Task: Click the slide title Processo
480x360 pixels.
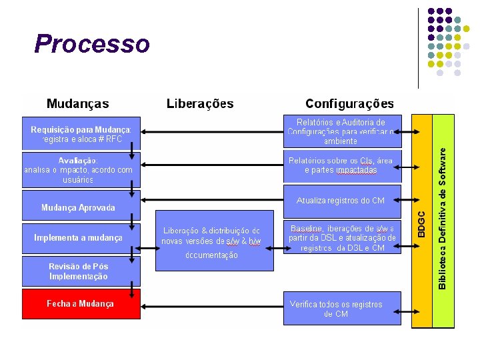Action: (x=92, y=44)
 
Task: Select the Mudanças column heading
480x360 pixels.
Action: (x=78, y=104)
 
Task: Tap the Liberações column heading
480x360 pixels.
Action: (x=200, y=104)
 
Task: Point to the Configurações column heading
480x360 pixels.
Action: (x=349, y=104)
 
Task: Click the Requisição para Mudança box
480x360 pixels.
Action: (x=81, y=134)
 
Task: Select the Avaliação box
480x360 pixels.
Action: (x=78, y=170)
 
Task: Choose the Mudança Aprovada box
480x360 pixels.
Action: (x=78, y=207)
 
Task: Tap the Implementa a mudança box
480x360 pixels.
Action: (x=78, y=238)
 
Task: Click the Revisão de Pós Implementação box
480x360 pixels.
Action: (x=78, y=271)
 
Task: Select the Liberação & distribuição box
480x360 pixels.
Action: (x=214, y=241)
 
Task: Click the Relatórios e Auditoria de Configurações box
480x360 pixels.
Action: (x=341, y=132)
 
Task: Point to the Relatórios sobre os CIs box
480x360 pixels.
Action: (x=341, y=165)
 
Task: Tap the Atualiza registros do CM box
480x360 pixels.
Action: (x=341, y=201)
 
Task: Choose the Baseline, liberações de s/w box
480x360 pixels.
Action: (x=341, y=237)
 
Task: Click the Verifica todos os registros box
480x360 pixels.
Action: (x=341, y=309)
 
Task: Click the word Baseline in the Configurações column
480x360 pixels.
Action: (x=307, y=229)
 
